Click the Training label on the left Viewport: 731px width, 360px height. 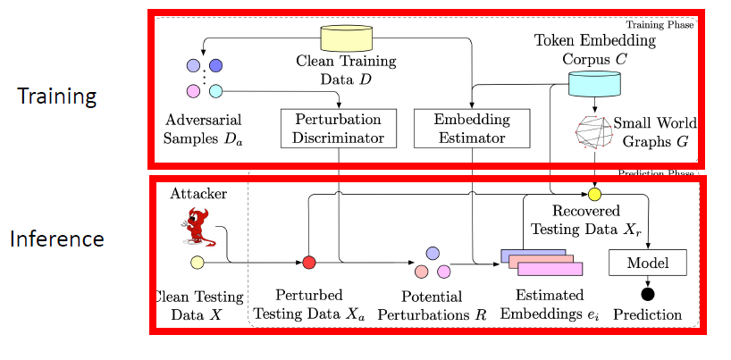[56, 96]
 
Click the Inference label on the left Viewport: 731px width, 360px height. [57, 239]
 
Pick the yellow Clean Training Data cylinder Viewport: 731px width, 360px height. [346, 38]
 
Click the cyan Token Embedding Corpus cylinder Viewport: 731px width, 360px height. [594, 83]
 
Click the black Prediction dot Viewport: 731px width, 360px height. [647, 294]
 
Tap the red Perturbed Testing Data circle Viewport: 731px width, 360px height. [308, 262]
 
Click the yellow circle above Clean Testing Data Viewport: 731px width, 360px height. [197, 263]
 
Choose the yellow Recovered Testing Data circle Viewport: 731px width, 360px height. [594, 193]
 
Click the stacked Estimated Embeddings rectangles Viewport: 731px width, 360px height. [541, 262]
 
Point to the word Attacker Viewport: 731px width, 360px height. [197, 193]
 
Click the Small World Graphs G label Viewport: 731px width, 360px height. [651, 130]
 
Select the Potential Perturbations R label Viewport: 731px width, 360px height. [418, 306]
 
